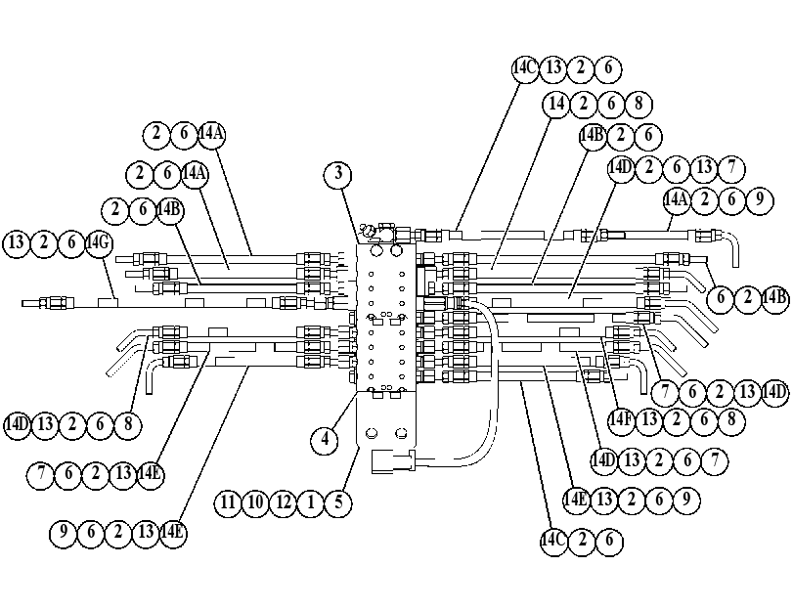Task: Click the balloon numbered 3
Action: click(x=338, y=174)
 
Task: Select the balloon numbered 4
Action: click(x=326, y=440)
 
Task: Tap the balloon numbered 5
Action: click(x=338, y=502)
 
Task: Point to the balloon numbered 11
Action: click(x=228, y=502)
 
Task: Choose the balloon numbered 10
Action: click(x=256, y=502)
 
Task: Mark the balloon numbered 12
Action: click(x=284, y=502)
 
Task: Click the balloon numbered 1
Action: click(x=311, y=502)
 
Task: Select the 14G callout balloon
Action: click(x=98, y=243)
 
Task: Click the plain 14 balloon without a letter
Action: click(x=556, y=104)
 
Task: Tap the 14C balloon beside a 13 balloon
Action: click(x=525, y=67)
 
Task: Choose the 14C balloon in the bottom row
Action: click(x=553, y=542)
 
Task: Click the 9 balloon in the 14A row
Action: click(x=759, y=200)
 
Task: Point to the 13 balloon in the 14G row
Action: click(x=17, y=243)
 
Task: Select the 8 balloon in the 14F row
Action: click(x=731, y=419)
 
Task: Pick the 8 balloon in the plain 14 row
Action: click(x=639, y=104)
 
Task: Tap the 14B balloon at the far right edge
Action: click(x=775, y=298)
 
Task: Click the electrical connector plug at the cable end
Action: click(x=393, y=461)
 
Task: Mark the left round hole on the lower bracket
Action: click(x=372, y=433)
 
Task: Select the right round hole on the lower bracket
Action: click(x=402, y=433)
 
